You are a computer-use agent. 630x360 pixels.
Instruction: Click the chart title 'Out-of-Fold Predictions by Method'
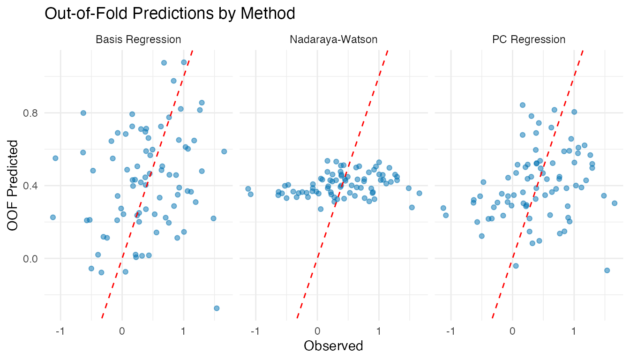click(170, 14)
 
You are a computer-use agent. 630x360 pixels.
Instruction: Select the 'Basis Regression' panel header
click(138, 39)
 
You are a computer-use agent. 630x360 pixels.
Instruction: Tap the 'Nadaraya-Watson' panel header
click(334, 39)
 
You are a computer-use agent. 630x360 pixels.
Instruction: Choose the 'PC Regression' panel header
click(529, 39)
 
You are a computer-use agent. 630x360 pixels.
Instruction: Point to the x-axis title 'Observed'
click(333, 346)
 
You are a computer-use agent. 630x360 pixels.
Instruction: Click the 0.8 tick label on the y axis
click(31, 113)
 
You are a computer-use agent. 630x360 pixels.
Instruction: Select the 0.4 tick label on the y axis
click(31, 186)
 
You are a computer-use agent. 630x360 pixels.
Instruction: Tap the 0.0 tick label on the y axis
click(31, 258)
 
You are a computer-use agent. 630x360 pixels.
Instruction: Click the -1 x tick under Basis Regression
click(60, 331)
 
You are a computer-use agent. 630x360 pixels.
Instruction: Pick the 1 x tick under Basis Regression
click(183, 331)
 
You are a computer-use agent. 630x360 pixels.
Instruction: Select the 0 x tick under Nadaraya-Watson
click(317, 331)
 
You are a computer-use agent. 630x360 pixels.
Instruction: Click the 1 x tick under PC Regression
click(574, 331)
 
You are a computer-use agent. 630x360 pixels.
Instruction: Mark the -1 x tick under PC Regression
click(450, 331)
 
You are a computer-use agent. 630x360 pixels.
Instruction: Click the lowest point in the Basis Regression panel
click(217, 308)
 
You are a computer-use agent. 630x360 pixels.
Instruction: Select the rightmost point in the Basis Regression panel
click(224, 151)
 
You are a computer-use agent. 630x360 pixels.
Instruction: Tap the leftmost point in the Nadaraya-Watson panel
click(248, 189)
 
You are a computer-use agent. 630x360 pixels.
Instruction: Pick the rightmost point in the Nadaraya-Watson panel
click(419, 193)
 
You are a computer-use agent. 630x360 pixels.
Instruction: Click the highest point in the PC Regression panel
click(523, 105)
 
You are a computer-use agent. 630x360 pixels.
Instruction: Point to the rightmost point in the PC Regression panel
click(614, 203)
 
